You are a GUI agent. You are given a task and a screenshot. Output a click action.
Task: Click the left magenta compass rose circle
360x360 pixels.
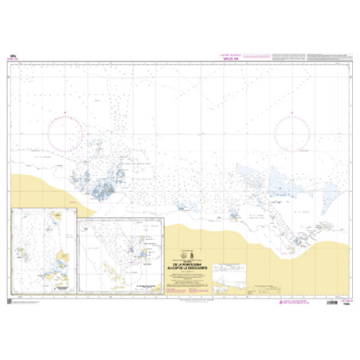point(71,131)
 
